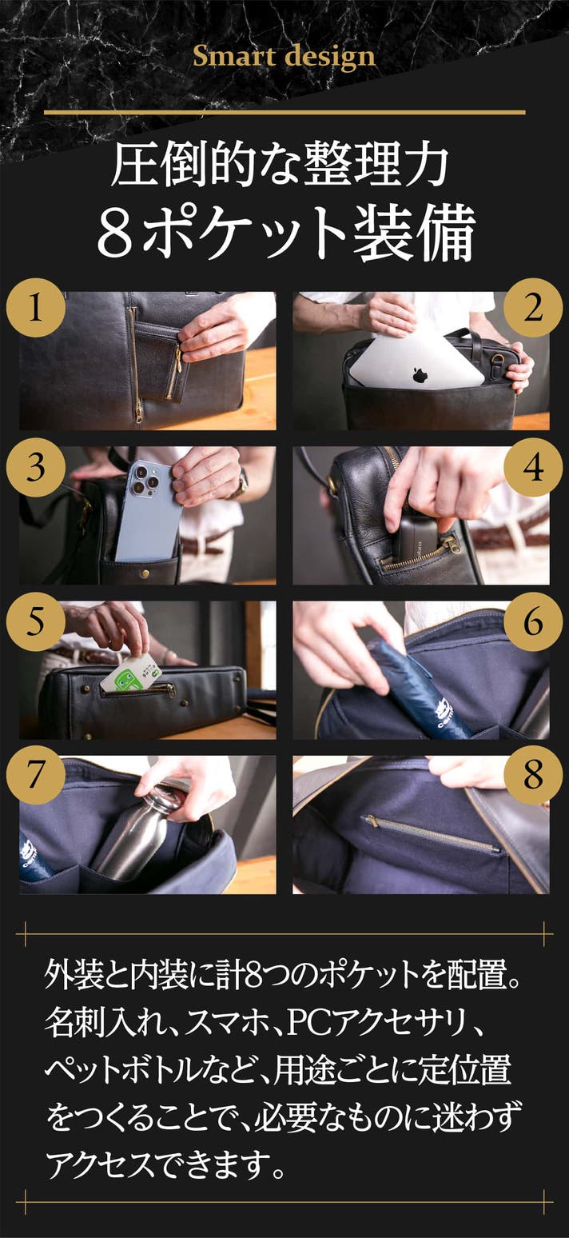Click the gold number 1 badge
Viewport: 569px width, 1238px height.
(x=35, y=307)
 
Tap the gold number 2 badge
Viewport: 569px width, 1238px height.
(x=533, y=307)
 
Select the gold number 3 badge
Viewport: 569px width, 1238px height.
(x=35, y=468)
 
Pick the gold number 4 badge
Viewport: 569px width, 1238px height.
(x=533, y=468)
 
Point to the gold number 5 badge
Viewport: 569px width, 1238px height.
(x=35, y=621)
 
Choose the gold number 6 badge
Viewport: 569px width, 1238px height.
(x=533, y=621)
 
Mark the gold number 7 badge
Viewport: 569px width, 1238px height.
(x=35, y=775)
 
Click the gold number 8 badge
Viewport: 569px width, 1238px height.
(x=533, y=775)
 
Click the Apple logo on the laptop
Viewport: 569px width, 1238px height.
(x=420, y=374)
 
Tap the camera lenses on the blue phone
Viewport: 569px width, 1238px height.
(x=143, y=478)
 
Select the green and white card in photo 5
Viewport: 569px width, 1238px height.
(x=131, y=672)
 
